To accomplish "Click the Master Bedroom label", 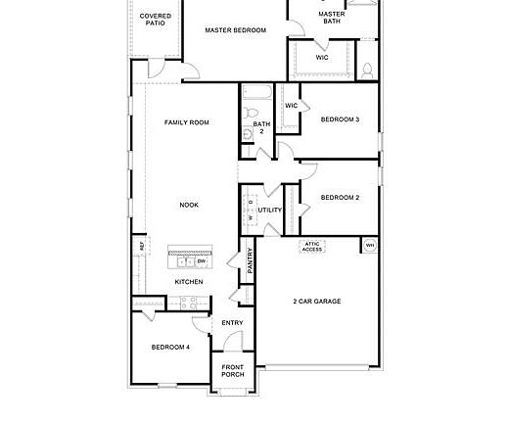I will coord(235,30).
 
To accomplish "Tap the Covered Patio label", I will coord(156,20).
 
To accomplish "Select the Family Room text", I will coord(186,122).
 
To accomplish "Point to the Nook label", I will coord(189,205).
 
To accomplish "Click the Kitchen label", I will coord(189,282).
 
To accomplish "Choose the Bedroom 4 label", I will coord(170,347).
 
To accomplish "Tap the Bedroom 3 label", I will coord(340,119).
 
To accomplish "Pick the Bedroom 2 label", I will coord(340,197).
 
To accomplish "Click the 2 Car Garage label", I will coord(318,301).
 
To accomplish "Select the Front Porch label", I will coord(233,370).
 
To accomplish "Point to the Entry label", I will coord(232,323).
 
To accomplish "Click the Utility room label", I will coord(269,210).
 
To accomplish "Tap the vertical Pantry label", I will coord(250,259).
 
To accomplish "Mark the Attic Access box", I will coord(311,247).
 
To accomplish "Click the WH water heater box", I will coord(370,245).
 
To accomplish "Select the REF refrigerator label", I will coord(142,246).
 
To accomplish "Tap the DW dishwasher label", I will coord(201,261).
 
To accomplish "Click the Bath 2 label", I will coord(261,127).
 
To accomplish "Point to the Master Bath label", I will coord(332,16).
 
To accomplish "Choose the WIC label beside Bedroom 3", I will coord(291,106).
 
